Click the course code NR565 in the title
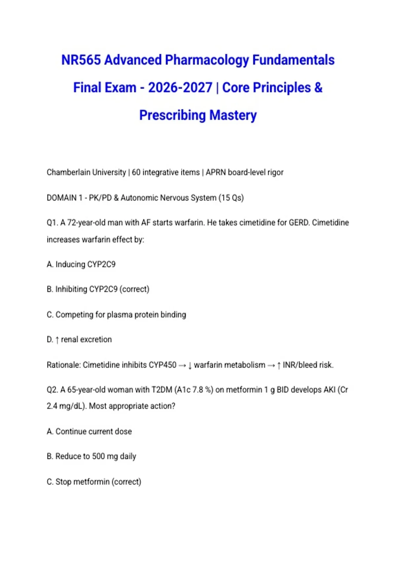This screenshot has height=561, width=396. [x=81, y=60]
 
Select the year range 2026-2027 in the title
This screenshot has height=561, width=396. [x=180, y=88]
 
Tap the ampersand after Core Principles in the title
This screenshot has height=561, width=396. [x=318, y=88]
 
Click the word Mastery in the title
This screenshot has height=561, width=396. [x=233, y=115]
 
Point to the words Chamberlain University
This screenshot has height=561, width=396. [x=86, y=172]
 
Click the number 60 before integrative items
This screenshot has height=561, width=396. [x=136, y=172]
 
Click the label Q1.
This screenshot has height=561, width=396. [x=52, y=223]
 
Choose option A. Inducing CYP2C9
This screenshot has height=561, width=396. [x=81, y=264]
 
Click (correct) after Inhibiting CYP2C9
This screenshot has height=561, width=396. [x=134, y=289]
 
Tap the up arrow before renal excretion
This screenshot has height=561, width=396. [x=57, y=340]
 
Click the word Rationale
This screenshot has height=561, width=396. [x=63, y=365]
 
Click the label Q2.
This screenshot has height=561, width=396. [x=52, y=390]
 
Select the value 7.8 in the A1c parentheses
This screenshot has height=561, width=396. [x=197, y=390]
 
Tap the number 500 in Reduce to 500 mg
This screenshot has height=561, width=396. [x=98, y=456]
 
